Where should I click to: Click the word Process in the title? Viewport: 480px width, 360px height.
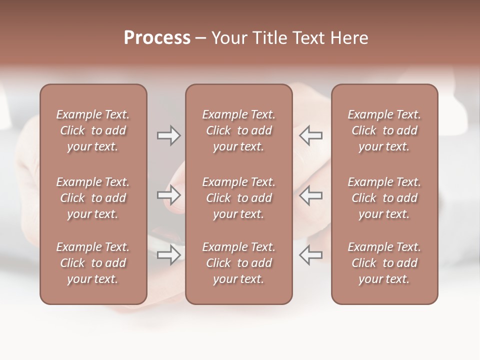point(157,38)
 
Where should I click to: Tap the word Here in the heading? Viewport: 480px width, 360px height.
point(349,38)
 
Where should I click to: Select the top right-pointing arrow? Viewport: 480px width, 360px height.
point(169,135)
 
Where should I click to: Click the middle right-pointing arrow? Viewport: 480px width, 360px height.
point(169,195)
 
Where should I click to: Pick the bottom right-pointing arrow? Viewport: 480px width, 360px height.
point(169,255)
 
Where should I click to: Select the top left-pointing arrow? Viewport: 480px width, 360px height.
point(310,135)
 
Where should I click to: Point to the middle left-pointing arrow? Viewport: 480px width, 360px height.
point(310,195)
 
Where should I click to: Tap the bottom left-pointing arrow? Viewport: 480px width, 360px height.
point(310,255)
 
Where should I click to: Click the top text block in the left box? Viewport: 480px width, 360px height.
point(93,130)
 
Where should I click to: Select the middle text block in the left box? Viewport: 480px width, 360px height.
point(93,198)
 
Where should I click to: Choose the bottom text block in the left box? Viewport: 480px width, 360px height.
point(93,263)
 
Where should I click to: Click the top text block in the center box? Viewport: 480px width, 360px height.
point(238,130)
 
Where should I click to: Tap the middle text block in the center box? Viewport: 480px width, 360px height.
point(238,198)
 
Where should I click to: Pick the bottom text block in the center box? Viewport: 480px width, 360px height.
point(238,263)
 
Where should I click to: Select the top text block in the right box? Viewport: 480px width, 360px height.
point(384,130)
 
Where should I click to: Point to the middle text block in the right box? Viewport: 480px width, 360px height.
point(384,198)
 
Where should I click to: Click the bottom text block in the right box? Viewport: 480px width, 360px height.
point(384,263)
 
